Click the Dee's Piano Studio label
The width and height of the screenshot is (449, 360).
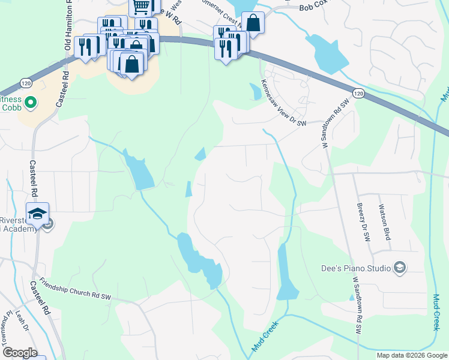tap(358, 267)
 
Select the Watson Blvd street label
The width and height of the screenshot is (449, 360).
tap(384, 223)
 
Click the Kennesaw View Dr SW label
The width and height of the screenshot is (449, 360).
tap(283, 105)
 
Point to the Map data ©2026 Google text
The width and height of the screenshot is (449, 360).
tap(412, 355)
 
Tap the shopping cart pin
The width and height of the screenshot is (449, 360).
tap(140, 7)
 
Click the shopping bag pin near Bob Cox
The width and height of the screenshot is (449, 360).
tap(253, 23)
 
